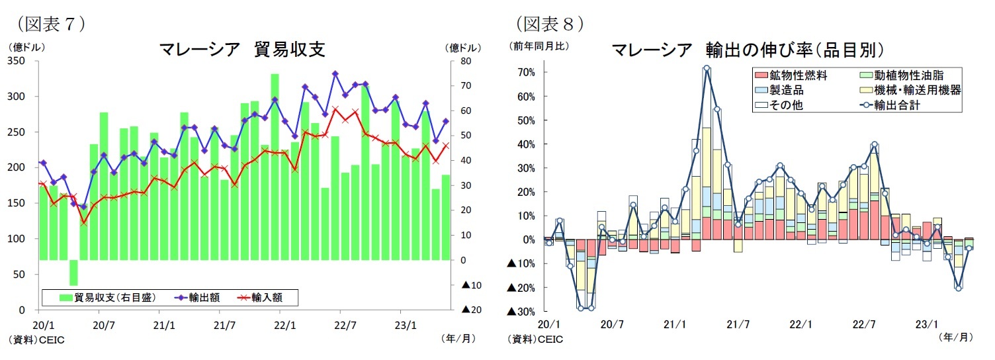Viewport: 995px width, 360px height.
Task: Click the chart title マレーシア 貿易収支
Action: point(241,50)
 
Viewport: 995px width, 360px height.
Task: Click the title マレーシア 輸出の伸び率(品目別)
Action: point(748,50)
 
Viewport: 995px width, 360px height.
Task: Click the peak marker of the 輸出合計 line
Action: point(707,67)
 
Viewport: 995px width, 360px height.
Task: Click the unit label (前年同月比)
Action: point(538,46)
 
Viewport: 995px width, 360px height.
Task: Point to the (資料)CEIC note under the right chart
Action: point(535,339)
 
